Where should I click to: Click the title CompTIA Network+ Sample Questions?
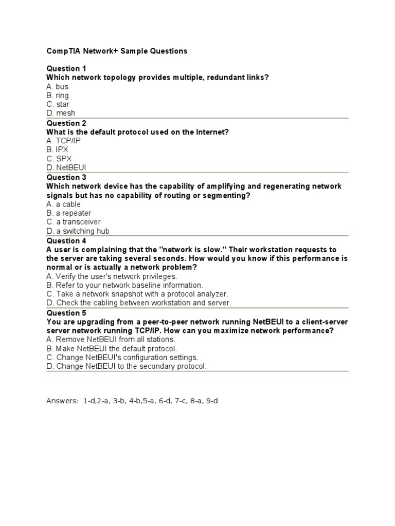(117, 51)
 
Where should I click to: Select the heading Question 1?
(66, 68)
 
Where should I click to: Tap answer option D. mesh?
(61, 113)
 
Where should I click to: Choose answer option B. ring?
(57, 96)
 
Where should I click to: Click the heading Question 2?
(66, 123)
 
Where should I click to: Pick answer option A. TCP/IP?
(63, 141)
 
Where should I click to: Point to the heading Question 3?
(66, 178)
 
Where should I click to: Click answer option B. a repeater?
(68, 213)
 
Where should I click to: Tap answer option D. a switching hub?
(78, 231)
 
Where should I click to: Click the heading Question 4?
(66, 241)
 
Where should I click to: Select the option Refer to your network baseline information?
(124, 285)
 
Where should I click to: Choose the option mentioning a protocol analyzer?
(137, 294)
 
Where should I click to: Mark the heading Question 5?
(66, 313)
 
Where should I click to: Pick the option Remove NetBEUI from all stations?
(111, 340)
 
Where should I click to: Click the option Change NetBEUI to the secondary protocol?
(127, 366)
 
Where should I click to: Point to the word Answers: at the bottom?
(62, 401)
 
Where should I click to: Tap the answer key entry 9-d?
(211, 401)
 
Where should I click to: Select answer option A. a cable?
(63, 204)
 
